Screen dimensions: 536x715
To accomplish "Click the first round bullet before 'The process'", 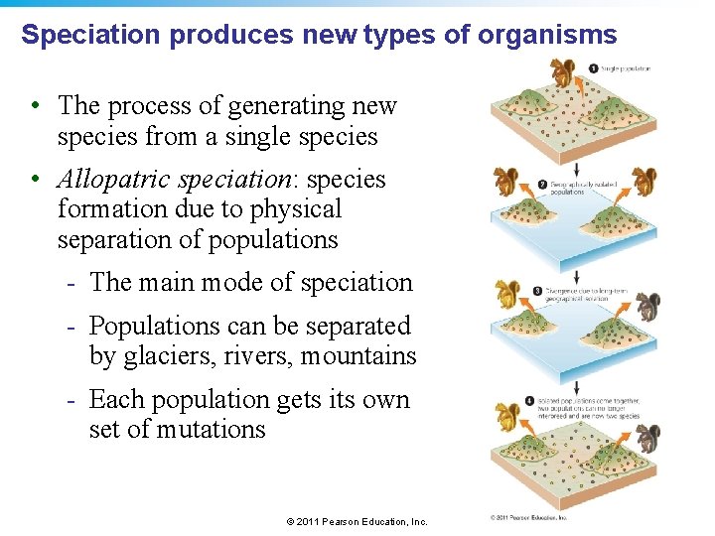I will [x=35, y=106].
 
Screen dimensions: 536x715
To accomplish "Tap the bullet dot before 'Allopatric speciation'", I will [x=35, y=180].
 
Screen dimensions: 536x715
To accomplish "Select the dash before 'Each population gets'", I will [x=71, y=400].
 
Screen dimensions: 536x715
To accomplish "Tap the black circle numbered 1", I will [x=593, y=67].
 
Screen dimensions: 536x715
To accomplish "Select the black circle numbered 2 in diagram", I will [x=542, y=184].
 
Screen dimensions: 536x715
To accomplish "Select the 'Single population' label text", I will [x=626, y=68].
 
